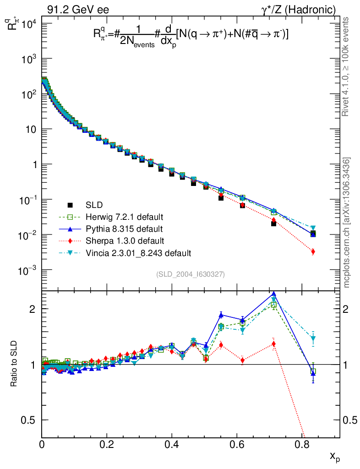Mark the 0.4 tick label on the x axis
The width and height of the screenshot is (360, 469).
click(172, 444)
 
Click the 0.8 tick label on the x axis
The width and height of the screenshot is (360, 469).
click(301, 444)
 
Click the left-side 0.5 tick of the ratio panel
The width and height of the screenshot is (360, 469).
click(31, 420)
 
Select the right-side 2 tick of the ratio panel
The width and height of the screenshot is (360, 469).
click(349, 309)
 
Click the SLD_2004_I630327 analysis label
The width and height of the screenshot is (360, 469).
click(191, 274)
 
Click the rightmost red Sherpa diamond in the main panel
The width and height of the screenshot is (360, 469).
click(313, 252)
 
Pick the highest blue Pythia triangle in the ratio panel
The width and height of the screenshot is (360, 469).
click(274, 294)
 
